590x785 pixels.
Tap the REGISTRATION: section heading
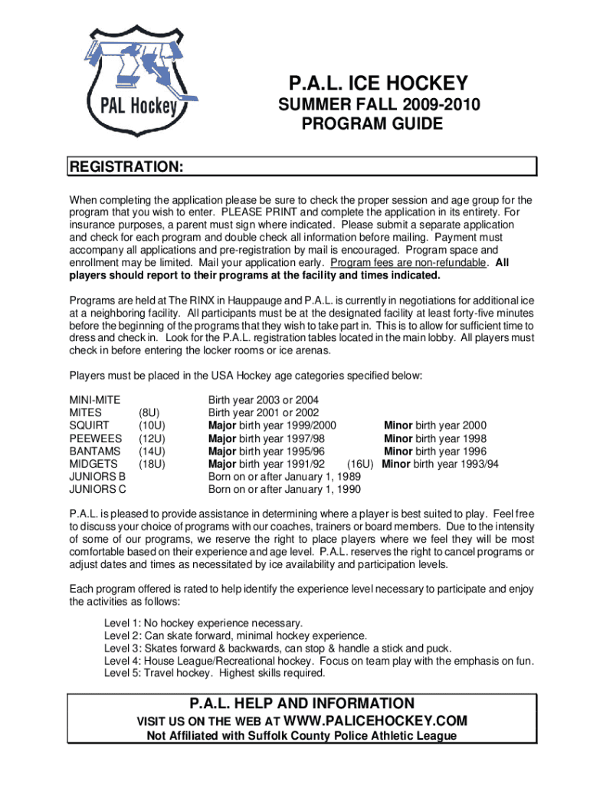(x=126, y=167)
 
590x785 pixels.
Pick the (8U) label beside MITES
(x=149, y=412)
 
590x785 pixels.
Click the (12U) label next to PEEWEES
(x=152, y=438)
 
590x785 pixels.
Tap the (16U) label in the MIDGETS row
(x=360, y=464)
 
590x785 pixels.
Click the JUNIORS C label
(x=98, y=489)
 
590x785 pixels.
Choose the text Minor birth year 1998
(x=435, y=438)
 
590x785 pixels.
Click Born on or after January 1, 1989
(x=285, y=477)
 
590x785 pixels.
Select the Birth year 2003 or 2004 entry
(x=264, y=400)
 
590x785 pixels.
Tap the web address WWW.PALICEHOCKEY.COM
(x=375, y=721)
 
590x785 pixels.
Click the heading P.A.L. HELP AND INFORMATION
(x=301, y=704)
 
